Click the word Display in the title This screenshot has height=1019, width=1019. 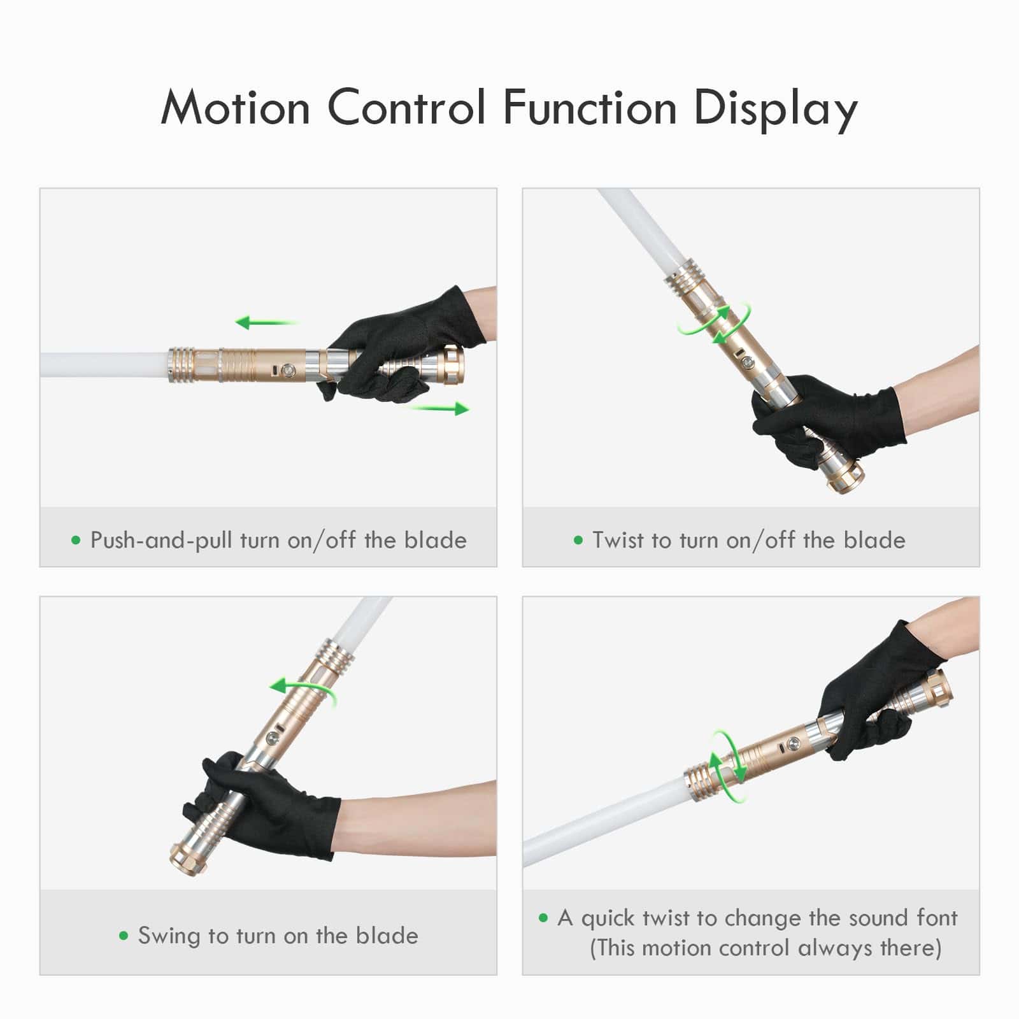pos(775,108)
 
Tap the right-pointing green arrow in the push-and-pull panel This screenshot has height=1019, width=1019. pos(440,409)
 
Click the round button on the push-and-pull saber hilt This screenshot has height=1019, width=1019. pos(287,369)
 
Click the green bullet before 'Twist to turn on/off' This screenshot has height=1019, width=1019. pos(578,541)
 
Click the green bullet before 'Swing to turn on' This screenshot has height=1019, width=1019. pos(124,936)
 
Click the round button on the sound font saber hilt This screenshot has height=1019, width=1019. pos(794,743)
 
